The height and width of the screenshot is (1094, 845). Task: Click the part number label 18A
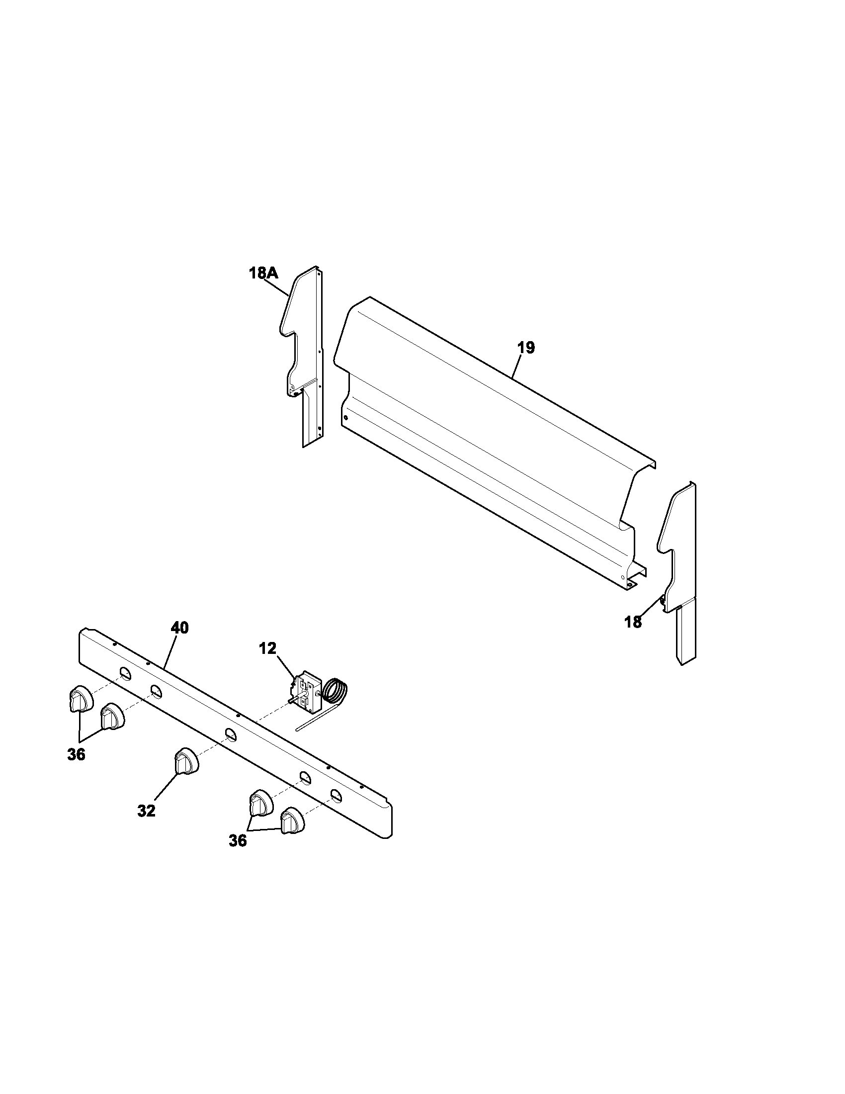[x=263, y=273]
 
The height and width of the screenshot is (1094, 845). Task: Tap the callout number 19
[x=526, y=347]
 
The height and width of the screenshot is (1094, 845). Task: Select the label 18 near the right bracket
[x=633, y=622]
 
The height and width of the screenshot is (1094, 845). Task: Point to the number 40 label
[x=180, y=628]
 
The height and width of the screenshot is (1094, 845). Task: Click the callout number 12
[x=267, y=648]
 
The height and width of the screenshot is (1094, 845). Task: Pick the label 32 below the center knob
[x=147, y=811]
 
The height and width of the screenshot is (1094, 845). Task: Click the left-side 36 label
[x=76, y=754]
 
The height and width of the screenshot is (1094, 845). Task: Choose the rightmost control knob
[x=292, y=820]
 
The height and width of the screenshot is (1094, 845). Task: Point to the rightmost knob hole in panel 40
[x=337, y=795]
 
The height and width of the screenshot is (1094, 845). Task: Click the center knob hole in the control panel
[x=230, y=734]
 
